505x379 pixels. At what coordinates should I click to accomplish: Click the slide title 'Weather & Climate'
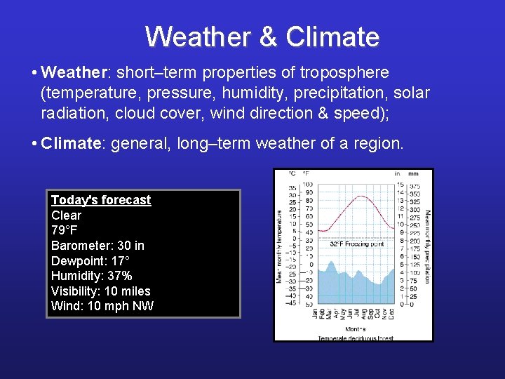(262, 36)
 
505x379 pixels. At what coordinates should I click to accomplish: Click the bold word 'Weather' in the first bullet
(73, 73)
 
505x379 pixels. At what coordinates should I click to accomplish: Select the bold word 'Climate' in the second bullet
(72, 144)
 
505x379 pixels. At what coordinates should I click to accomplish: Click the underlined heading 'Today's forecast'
(101, 200)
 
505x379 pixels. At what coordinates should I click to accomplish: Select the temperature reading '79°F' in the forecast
(65, 231)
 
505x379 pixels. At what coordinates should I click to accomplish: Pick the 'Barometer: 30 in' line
(97, 246)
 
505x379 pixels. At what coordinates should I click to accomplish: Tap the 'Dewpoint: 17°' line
(89, 261)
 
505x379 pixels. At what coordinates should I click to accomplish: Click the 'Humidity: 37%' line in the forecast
(91, 276)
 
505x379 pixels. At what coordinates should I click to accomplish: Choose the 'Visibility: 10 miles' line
(100, 291)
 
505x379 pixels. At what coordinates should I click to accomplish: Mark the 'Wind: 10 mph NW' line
(102, 306)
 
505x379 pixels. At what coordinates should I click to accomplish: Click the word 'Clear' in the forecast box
(66, 215)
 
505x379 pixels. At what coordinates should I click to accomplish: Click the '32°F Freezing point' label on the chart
(356, 244)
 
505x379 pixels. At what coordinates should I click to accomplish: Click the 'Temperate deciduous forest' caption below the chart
(356, 338)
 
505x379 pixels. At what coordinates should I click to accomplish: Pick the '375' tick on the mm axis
(415, 185)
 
